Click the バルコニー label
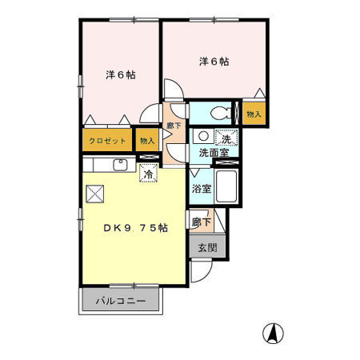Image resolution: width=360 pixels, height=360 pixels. pyautogui.click(x=122, y=302)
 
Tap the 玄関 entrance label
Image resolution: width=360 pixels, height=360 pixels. pyautogui.click(x=202, y=248)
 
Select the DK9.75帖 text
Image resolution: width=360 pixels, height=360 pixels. pyautogui.click(x=134, y=228)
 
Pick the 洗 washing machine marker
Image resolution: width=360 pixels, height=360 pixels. pyautogui.click(x=227, y=138)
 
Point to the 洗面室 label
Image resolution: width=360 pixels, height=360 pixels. pyautogui.click(x=214, y=152)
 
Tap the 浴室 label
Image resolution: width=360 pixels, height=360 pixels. pyautogui.click(x=202, y=190)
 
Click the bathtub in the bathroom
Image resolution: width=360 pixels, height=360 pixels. pyautogui.click(x=227, y=186)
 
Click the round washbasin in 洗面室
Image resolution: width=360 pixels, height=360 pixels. pyautogui.click(x=203, y=137)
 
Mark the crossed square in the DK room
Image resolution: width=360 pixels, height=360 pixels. pyautogui.click(x=95, y=194)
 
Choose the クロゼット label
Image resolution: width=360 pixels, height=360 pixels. pyautogui.click(x=106, y=141)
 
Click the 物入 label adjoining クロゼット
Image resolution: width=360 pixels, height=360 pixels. pyautogui.click(x=146, y=141)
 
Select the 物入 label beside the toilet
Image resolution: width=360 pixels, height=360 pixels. pyautogui.click(x=254, y=114)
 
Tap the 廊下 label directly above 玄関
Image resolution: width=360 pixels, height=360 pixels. pyautogui.click(x=202, y=222)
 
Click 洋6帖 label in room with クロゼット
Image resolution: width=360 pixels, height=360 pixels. pyautogui.click(x=120, y=74)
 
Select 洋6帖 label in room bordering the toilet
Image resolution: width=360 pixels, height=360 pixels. pyautogui.click(x=214, y=61)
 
